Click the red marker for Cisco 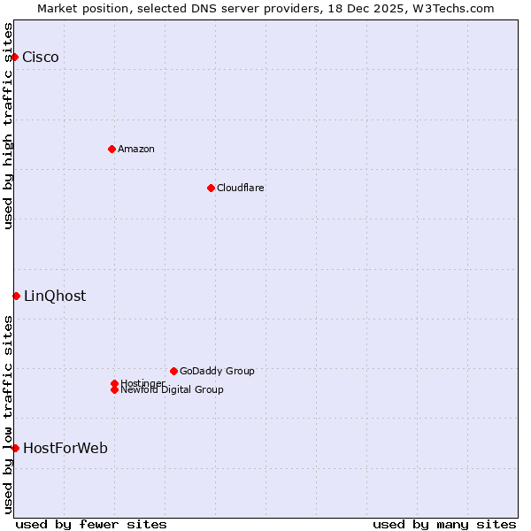click(x=14, y=58)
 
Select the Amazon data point click(x=112, y=149)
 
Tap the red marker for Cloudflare click(x=211, y=188)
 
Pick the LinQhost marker click(x=16, y=296)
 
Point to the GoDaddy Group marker click(x=173, y=371)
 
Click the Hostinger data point click(x=114, y=383)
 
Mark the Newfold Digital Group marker click(x=114, y=389)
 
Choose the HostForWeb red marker click(x=15, y=448)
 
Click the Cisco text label click(x=41, y=58)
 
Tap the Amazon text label click(x=136, y=149)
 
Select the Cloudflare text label click(x=241, y=188)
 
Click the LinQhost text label click(x=55, y=296)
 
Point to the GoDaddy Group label click(x=217, y=371)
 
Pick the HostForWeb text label click(x=65, y=449)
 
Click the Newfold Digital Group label click(x=173, y=390)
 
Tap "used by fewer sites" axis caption click(x=91, y=524)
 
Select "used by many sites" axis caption click(x=444, y=524)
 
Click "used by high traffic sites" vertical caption click(x=8, y=126)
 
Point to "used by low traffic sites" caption click(x=8, y=414)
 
